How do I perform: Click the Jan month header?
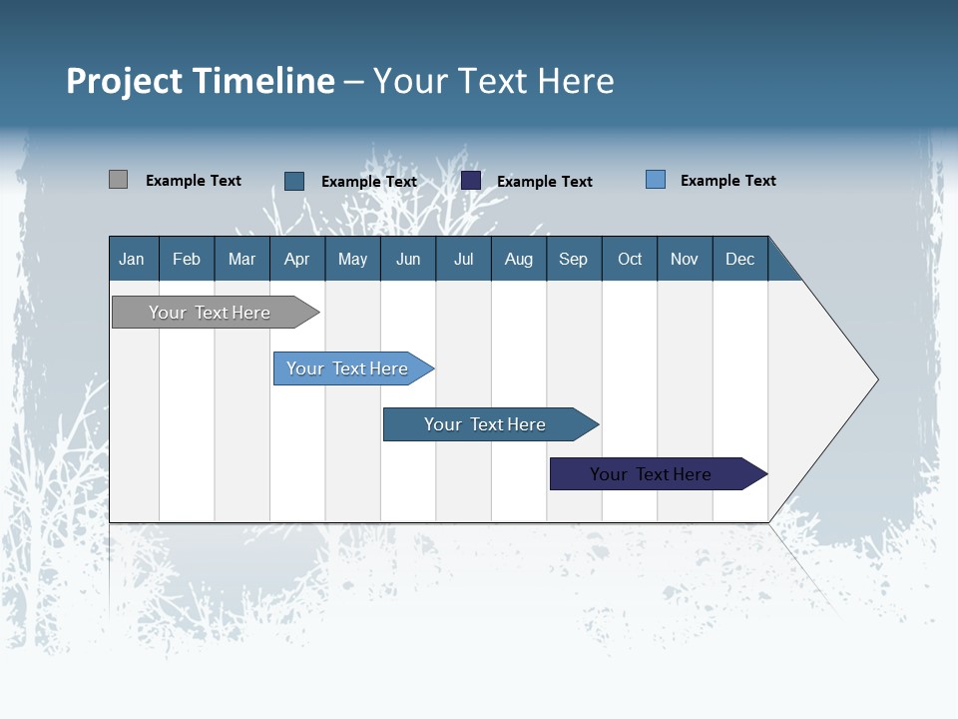tap(132, 260)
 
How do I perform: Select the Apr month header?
tap(297, 260)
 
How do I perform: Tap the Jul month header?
tap(464, 260)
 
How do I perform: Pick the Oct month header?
tap(630, 260)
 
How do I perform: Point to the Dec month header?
tap(739, 260)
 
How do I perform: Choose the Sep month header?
tap(573, 260)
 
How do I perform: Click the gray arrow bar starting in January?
tap(216, 312)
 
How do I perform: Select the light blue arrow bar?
tap(353, 368)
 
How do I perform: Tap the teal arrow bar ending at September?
tap(491, 424)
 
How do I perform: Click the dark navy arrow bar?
tap(659, 473)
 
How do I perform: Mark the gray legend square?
tap(118, 179)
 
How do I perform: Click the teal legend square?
tap(294, 181)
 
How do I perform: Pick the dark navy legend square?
tap(470, 181)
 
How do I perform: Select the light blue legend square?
tap(656, 179)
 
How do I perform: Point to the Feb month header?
tap(187, 260)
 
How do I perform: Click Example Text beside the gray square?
tap(193, 181)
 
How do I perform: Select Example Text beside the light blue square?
tap(728, 181)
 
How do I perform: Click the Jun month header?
tap(408, 260)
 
